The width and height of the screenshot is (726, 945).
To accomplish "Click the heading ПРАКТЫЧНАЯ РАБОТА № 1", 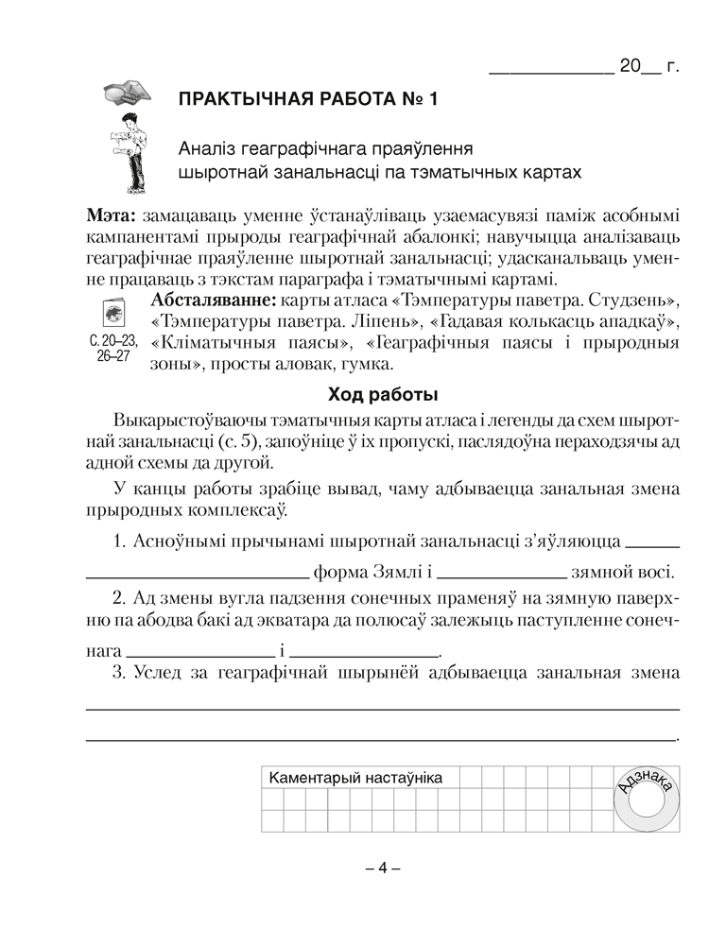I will coord(308,99).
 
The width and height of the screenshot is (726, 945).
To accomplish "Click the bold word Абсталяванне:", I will coord(211,301).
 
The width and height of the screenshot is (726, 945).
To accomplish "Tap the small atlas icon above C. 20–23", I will coord(113,313).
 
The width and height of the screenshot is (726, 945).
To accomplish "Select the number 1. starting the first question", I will coord(119,542).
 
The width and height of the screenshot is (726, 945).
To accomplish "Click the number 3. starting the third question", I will coord(119,673).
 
